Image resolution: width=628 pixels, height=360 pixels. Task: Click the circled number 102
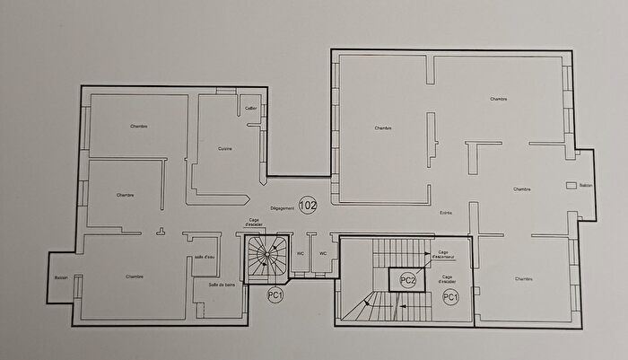pyautogui.click(x=309, y=204)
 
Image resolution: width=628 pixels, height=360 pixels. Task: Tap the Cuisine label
pyautogui.click(x=225, y=149)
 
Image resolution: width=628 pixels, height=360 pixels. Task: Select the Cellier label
pyautogui.click(x=252, y=109)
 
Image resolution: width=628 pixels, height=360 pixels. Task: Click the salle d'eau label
pyautogui.click(x=205, y=257)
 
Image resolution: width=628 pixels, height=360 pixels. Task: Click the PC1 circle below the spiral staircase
pyautogui.click(x=275, y=295)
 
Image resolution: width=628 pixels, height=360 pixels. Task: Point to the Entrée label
pyautogui.click(x=446, y=213)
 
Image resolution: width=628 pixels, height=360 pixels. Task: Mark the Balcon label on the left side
pyautogui.click(x=61, y=277)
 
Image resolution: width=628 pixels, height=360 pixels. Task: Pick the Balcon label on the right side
pyautogui.click(x=586, y=186)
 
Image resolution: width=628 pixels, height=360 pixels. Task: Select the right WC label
pyautogui.click(x=322, y=253)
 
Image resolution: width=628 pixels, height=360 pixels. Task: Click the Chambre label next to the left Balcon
pyautogui.click(x=135, y=277)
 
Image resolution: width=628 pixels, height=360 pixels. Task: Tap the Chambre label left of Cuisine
pyautogui.click(x=138, y=126)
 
